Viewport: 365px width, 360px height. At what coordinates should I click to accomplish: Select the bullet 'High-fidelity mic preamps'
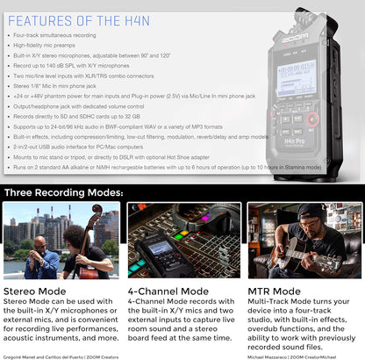click(x=52, y=45)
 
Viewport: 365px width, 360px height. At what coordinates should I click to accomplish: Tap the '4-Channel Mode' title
click(x=168, y=290)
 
